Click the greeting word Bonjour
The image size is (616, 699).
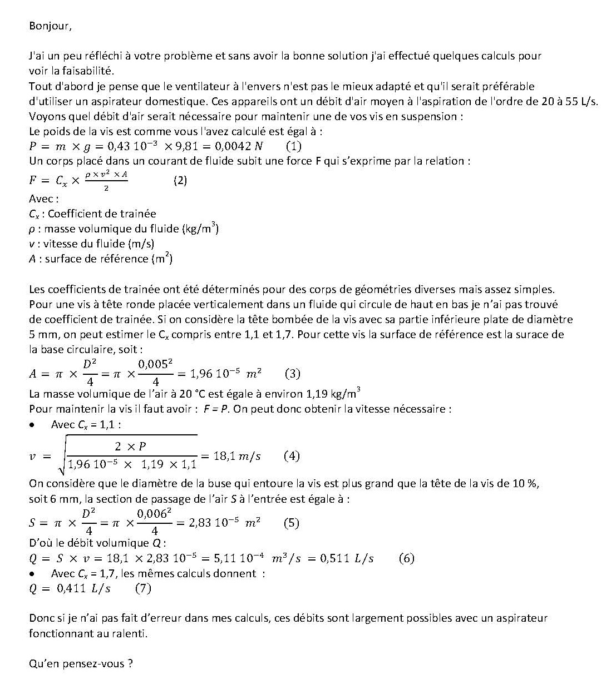click(x=50, y=26)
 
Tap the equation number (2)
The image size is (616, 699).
click(x=180, y=180)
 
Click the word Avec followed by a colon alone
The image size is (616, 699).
click(x=43, y=199)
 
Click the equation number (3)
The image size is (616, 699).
click(x=292, y=374)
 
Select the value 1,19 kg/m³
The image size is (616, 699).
click(x=333, y=394)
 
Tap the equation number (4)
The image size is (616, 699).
click(x=292, y=457)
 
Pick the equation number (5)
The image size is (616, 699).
click(x=291, y=523)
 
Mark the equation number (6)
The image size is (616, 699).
click(x=407, y=558)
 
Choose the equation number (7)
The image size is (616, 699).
click(x=143, y=588)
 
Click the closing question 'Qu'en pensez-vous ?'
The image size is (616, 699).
click(x=81, y=663)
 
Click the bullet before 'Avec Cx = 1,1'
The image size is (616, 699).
click(x=33, y=425)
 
